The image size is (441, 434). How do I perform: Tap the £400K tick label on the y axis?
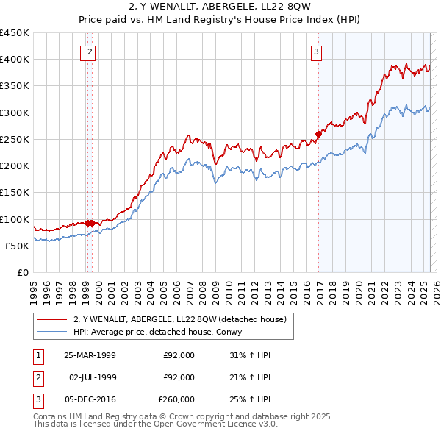(x=15, y=60)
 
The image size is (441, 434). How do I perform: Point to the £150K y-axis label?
(x=15, y=192)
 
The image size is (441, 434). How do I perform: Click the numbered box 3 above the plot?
(x=315, y=51)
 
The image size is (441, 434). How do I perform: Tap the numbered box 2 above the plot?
(x=90, y=51)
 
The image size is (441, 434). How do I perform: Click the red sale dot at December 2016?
(x=319, y=134)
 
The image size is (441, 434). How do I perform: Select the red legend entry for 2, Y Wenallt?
(x=184, y=319)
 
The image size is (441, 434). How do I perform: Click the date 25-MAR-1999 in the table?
(x=90, y=355)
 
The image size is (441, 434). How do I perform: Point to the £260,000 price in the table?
(x=176, y=399)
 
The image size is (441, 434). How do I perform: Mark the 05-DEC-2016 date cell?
(x=90, y=399)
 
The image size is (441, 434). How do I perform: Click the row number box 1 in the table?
(x=39, y=355)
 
